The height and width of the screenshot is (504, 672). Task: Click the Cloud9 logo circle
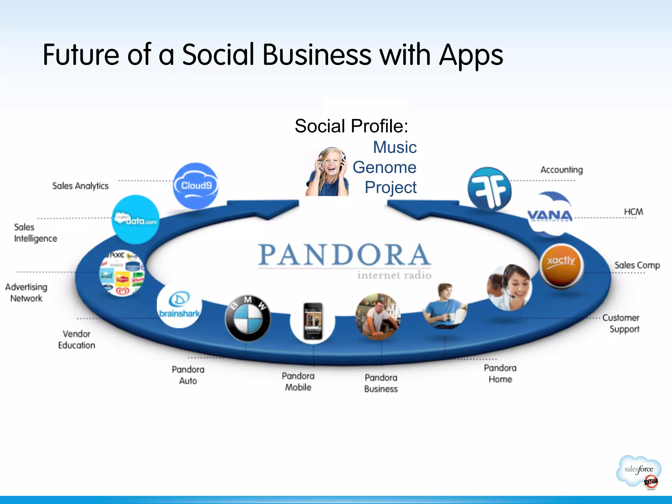point(196,186)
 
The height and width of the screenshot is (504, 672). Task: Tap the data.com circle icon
point(136,220)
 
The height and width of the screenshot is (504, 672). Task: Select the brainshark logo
point(179,305)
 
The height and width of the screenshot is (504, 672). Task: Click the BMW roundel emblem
point(248,318)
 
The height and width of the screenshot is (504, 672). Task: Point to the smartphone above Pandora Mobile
point(313,321)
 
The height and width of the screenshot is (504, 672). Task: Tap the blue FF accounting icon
point(490,189)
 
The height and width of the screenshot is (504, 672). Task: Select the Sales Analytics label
point(80,186)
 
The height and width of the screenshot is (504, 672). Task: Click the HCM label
point(633,212)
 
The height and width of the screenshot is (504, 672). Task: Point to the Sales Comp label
point(637,265)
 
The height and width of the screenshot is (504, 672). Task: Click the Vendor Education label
point(76,340)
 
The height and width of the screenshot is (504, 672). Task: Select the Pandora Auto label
point(188,375)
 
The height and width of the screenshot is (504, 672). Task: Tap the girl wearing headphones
point(327,172)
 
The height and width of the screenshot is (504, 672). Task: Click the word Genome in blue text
point(384,167)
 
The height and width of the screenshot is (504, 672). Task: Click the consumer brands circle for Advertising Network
point(122,273)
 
